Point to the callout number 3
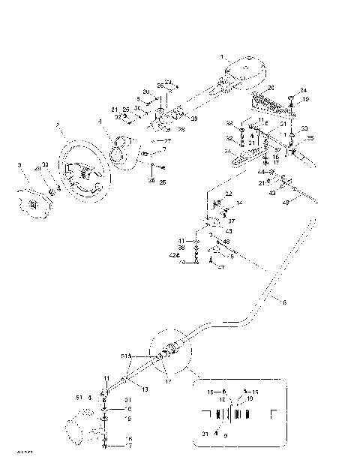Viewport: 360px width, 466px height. tap(19, 164)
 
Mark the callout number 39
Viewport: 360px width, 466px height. tap(194, 119)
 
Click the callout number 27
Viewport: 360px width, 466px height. tap(167, 140)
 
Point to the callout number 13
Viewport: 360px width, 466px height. tap(145, 389)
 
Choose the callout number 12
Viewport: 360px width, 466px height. tap(166, 381)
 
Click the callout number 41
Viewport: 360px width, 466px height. tap(181, 240)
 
